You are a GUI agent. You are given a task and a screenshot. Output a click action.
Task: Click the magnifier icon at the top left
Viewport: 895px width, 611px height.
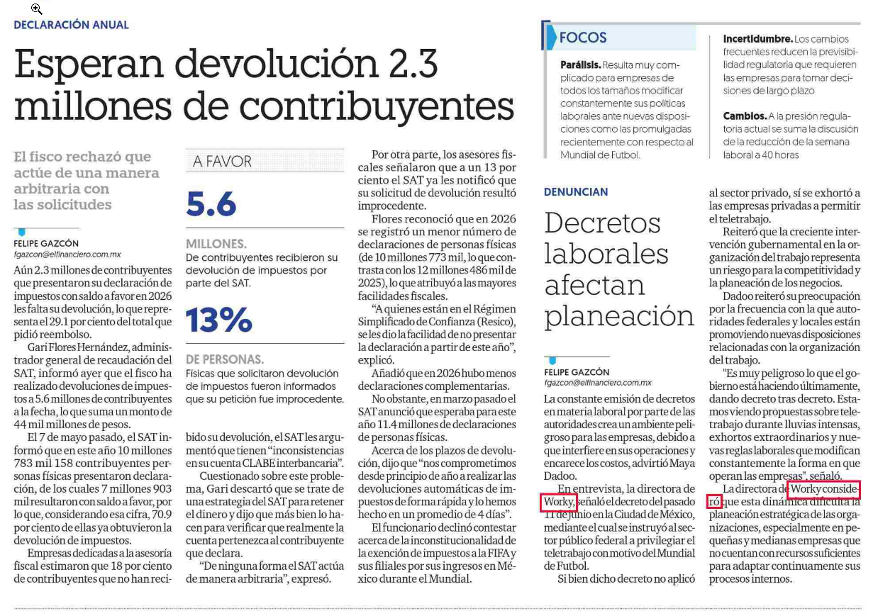tap(36, 9)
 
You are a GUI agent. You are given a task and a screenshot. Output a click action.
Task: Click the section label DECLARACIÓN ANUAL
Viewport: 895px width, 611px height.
tap(71, 25)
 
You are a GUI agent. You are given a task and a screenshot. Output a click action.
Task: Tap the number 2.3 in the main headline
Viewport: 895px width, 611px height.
tap(413, 64)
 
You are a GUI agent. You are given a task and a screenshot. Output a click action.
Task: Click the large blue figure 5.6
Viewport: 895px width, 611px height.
tap(211, 204)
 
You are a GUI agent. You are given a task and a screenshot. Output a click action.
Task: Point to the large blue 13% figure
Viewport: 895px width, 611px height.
tap(219, 320)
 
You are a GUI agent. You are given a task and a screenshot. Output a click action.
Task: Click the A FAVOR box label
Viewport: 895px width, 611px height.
tap(222, 162)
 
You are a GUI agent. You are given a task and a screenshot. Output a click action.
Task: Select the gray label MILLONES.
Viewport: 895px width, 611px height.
tap(216, 244)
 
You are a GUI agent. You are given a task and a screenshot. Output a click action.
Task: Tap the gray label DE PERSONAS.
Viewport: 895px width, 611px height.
tap(225, 359)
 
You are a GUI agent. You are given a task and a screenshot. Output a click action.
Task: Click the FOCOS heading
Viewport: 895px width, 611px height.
tap(582, 38)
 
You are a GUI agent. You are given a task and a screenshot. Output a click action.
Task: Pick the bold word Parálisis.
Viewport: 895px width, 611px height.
tap(580, 65)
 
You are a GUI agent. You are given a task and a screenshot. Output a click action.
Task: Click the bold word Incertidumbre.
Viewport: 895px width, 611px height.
tap(757, 39)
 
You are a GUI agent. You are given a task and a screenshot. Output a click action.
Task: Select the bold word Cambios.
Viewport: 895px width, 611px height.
tap(745, 116)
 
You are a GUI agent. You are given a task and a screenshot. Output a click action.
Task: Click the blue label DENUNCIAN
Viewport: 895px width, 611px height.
tap(576, 192)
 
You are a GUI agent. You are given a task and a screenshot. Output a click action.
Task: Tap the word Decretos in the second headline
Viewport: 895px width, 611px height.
tap(602, 223)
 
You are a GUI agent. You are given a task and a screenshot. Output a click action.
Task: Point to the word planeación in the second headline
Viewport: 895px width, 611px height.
tap(619, 317)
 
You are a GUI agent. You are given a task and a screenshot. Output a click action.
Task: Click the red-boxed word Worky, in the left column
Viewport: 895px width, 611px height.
tap(559, 502)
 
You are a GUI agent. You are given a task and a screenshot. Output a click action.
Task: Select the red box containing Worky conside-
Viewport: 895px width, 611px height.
tap(823, 490)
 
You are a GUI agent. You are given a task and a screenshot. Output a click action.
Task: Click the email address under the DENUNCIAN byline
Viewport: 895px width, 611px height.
tap(597, 383)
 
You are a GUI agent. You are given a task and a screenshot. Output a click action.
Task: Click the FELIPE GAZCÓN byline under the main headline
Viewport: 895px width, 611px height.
tap(46, 244)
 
